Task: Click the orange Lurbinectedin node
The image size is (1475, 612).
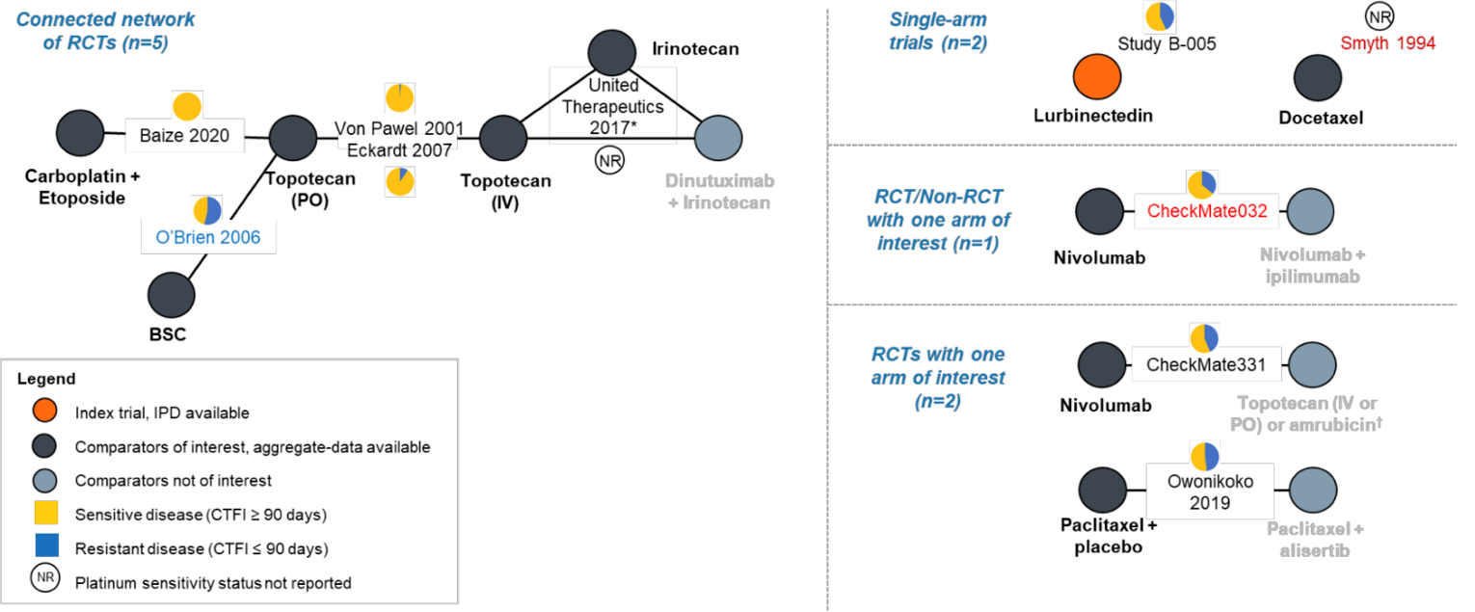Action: [1096, 77]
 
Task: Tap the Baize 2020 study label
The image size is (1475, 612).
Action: [185, 136]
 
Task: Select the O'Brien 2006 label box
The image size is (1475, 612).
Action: [209, 237]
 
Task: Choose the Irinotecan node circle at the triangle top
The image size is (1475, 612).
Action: [613, 50]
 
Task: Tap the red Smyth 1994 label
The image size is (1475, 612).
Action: [1388, 43]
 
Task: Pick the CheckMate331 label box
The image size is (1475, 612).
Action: [1205, 366]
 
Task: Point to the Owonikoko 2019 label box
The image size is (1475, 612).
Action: [1210, 492]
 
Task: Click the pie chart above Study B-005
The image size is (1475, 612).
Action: [1159, 16]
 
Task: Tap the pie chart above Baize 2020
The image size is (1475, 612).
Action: [187, 106]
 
